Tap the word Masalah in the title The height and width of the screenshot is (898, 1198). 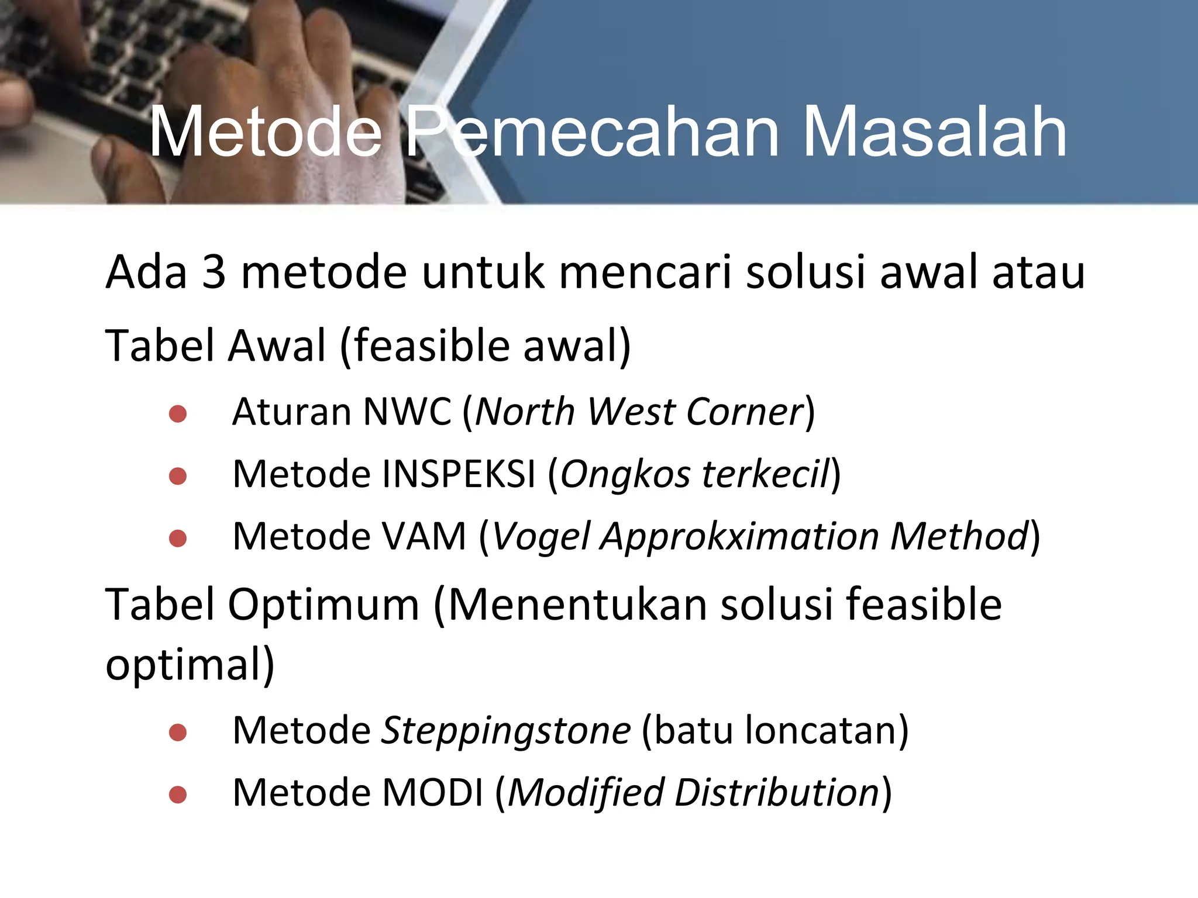(934, 133)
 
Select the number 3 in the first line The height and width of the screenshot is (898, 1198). (214, 272)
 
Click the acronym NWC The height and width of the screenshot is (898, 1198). (407, 412)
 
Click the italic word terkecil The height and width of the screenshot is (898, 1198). (766, 474)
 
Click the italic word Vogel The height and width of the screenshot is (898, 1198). (541, 537)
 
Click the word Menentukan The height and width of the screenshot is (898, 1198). (577, 605)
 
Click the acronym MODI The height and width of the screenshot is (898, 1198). (432, 793)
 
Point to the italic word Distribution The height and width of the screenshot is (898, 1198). (776, 793)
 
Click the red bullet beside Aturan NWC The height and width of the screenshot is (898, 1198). (177, 414)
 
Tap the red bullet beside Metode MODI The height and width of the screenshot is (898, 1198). (177, 795)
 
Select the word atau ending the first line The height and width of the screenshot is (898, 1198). (1039, 272)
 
